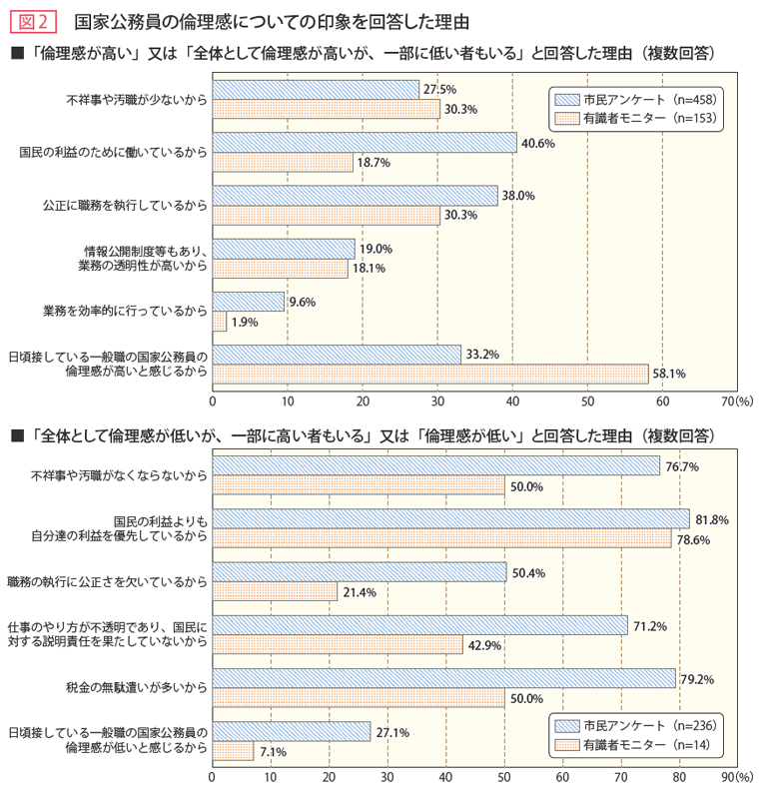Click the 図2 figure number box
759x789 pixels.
click(32, 19)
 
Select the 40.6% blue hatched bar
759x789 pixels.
click(365, 143)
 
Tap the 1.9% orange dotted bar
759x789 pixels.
click(220, 321)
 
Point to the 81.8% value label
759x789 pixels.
click(711, 519)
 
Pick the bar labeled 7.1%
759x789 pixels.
click(233, 751)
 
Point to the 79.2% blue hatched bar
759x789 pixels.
click(444, 677)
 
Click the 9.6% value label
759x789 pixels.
click(303, 302)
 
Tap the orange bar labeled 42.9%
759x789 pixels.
click(338, 644)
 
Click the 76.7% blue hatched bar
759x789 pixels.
click(436, 465)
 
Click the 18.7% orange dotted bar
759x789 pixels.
click(283, 162)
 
